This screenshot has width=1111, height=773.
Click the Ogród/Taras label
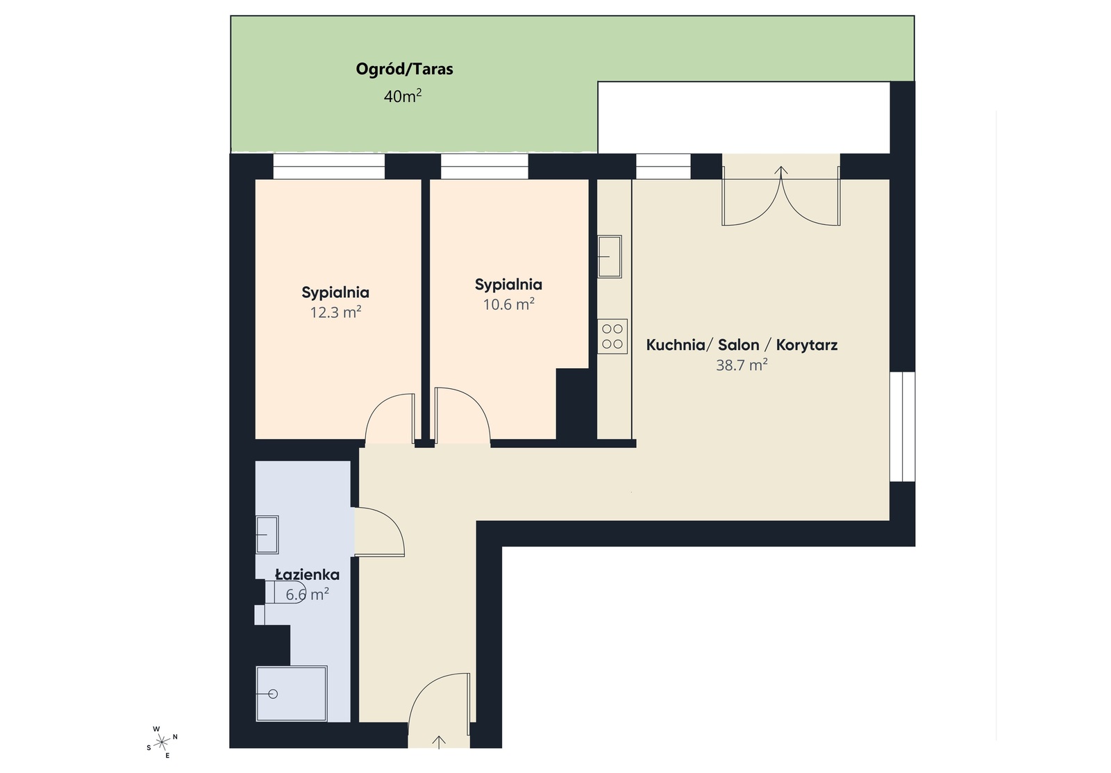404,69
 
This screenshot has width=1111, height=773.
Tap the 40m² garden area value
403,96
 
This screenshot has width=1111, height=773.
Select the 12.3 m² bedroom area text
335,313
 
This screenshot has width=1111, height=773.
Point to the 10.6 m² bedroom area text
508,304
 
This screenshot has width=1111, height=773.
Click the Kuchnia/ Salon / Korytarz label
742,345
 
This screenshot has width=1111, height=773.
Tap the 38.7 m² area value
742,365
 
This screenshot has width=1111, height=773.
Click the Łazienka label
307,575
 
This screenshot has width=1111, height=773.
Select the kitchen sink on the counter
610,256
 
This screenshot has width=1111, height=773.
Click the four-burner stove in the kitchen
612,336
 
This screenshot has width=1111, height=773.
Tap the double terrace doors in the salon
781,198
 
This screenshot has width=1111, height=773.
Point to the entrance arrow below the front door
439,741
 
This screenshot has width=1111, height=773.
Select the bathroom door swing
378,531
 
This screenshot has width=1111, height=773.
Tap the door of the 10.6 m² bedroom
461,417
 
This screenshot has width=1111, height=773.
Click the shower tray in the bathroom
292,693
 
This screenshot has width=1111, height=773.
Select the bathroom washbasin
267,534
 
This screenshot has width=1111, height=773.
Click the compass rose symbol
162,742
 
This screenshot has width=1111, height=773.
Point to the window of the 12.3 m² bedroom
328,167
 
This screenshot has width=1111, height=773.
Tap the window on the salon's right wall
903,426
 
